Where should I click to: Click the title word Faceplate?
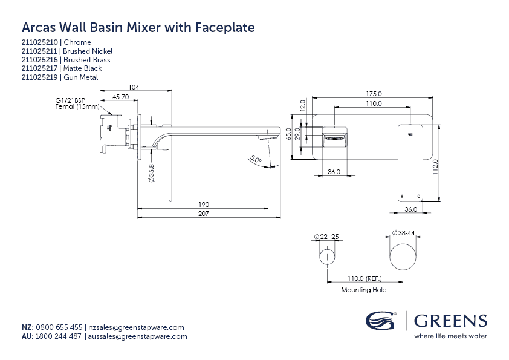[225, 28]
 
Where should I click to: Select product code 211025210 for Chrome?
[40, 42]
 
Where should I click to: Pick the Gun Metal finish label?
[80, 77]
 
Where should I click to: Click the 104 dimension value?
[134, 88]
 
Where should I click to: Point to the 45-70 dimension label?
[121, 97]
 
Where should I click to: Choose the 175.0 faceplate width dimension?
[374, 94]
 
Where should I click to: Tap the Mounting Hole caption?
[363, 290]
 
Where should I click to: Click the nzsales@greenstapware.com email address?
[135, 327]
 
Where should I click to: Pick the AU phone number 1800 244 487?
[59, 336]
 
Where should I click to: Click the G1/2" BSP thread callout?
[70, 101]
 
